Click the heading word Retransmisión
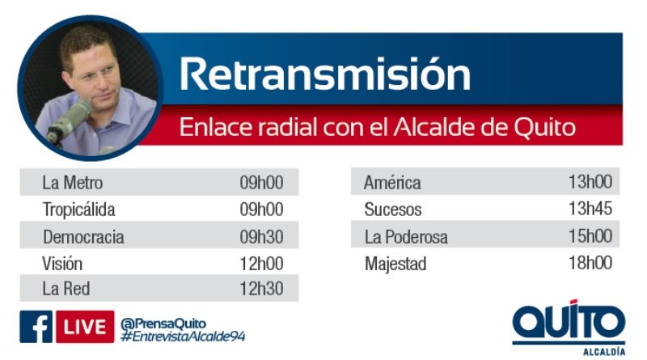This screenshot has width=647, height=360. (x=325, y=74)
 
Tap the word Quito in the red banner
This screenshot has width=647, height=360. (x=544, y=127)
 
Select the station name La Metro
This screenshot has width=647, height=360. (x=73, y=183)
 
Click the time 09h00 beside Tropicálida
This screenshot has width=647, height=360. (x=261, y=210)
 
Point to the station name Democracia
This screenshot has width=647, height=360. (x=83, y=237)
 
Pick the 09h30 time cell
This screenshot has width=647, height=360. (x=261, y=236)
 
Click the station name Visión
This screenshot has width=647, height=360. (x=62, y=264)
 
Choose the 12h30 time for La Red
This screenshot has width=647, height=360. (x=261, y=289)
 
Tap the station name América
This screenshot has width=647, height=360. (x=392, y=182)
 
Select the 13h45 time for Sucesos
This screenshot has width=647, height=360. (x=590, y=209)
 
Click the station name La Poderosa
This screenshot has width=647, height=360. (x=406, y=236)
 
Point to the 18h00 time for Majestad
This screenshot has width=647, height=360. (x=590, y=263)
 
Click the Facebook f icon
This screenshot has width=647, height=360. (x=36, y=327)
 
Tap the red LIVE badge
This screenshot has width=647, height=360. (x=85, y=327)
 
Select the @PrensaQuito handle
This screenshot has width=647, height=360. (x=163, y=324)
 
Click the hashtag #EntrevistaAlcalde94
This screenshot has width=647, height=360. (x=183, y=336)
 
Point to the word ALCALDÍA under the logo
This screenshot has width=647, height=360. (x=604, y=352)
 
